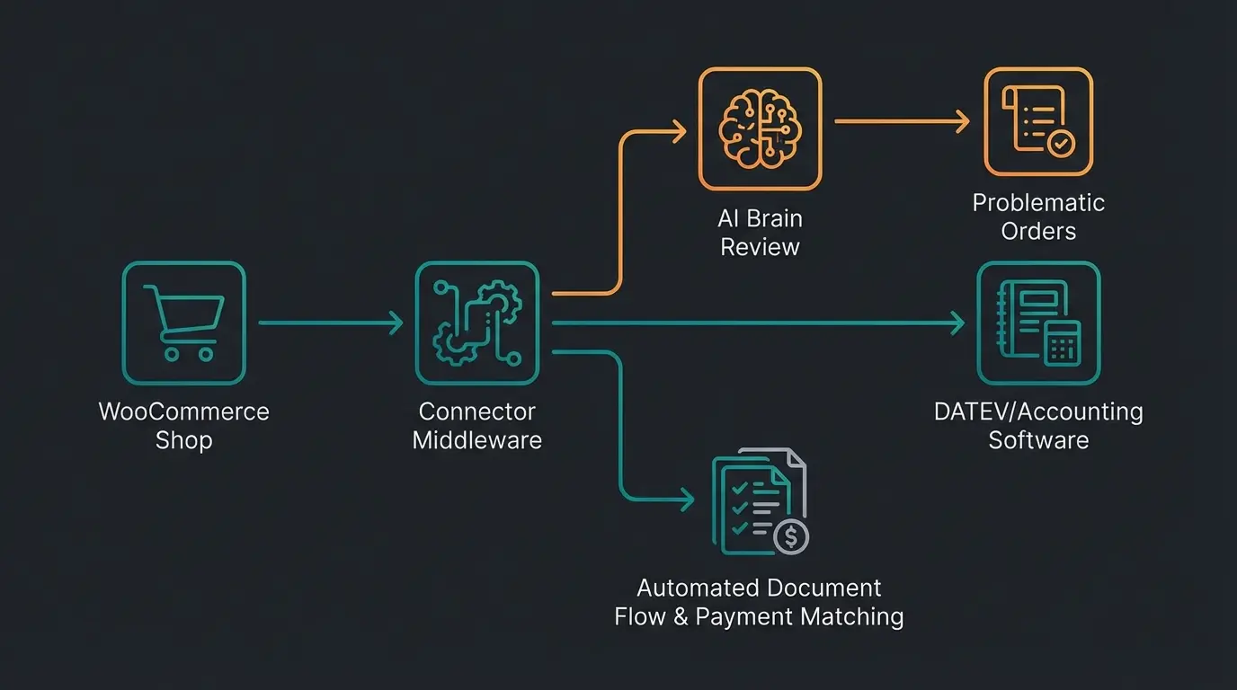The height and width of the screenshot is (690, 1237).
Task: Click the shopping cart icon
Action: click(x=184, y=323)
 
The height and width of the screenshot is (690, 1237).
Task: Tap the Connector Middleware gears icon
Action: click(x=476, y=323)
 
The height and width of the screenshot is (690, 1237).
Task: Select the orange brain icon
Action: click(x=760, y=128)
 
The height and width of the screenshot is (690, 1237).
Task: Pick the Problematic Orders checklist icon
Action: click(x=1038, y=121)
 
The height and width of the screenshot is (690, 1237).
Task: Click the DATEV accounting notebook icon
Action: click(x=1038, y=323)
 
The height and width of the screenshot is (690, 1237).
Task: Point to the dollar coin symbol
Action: click(x=791, y=536)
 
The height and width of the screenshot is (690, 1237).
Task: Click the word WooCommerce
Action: click(x=183, y=411)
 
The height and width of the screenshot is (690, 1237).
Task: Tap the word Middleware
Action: click(x=476, y=440)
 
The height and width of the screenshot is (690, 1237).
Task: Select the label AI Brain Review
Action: click(x=760, y=233)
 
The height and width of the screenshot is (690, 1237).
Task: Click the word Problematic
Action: click(x=1038, y=202)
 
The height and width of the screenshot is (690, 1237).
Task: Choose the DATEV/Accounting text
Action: click(x=1038, y=411)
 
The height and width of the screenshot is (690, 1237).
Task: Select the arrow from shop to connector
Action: click(x=329, y=323)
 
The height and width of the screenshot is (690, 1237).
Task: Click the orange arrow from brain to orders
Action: click(x=899, y=121)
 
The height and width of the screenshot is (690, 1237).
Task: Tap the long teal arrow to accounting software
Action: click(x=755, y=323)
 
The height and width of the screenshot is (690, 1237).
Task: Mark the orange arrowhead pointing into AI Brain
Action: click(x=679, y=132)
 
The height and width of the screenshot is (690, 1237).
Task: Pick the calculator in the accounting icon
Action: click(x=1063, y=343)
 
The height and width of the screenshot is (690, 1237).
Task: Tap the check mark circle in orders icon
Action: click(x=1061, y=143)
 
